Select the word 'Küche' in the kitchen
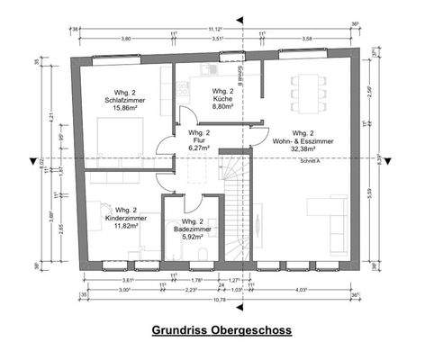tap(222, 99)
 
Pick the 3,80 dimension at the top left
tap(126, 40)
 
